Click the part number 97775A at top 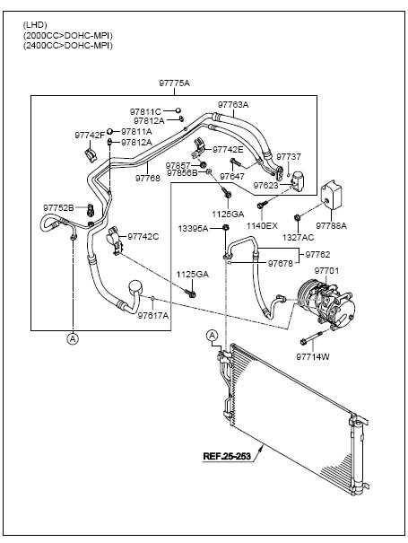coord(175,83)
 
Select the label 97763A coord(233,105)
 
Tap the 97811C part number coord(145,111)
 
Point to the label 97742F coord(90,135)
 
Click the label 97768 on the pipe coord(148,178)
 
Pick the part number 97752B coord(58,208)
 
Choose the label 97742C coord(143,237)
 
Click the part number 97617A coord(153,316)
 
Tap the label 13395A coord(193,228)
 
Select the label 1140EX coord(262,226)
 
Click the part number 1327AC coord(299,237)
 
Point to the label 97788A coord(331,226)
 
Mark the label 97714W coord(313,356)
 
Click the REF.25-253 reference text coord(227,456)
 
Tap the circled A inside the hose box coord(73,338)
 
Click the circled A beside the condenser coord(212,335)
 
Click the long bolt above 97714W coord(311,337)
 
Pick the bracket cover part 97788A coord(331,195)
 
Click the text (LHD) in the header coord(35,25)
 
